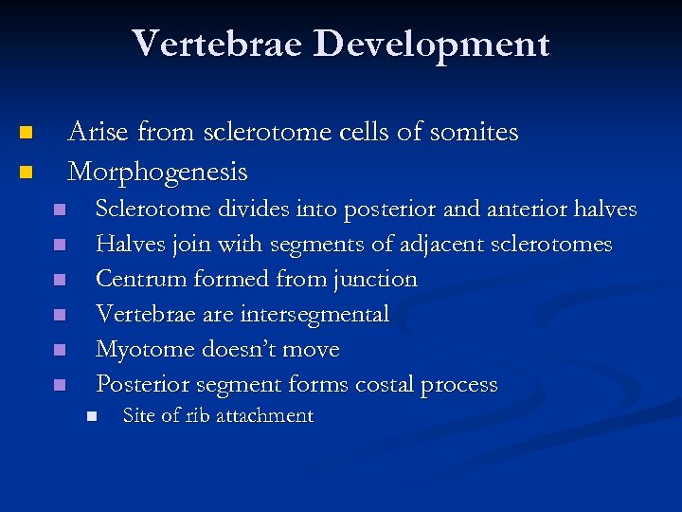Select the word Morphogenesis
[x=157, y=172]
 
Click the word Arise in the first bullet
[x=99, y=132]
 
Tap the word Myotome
[x=144, y=349]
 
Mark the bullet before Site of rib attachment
[x=91, y=416]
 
